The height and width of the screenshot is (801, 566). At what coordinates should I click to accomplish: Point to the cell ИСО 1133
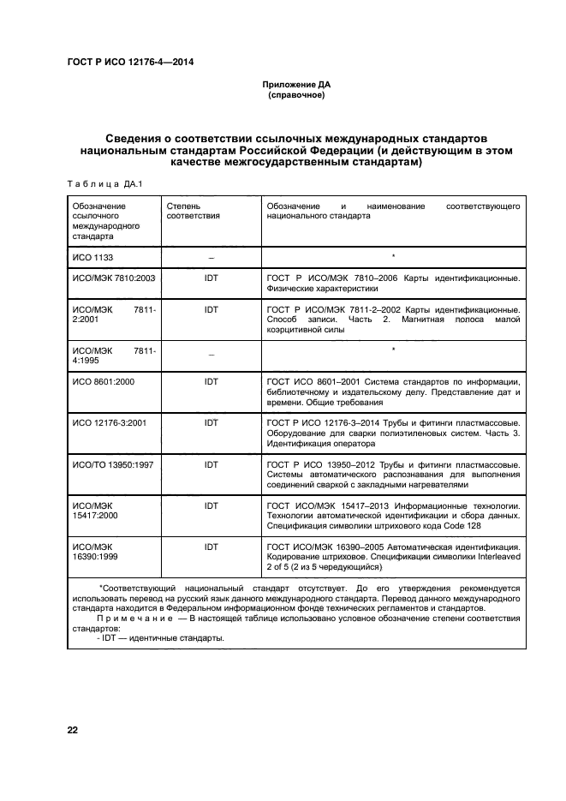pos(93,256)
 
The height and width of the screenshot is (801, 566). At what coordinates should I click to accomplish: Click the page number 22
pos(73,730)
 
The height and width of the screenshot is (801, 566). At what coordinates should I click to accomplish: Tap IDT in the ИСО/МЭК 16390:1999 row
pos(211,547)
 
